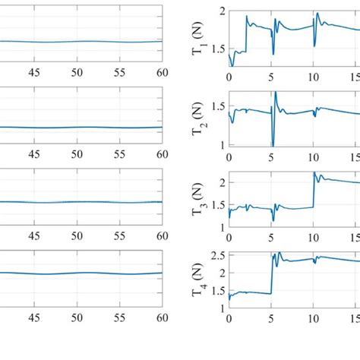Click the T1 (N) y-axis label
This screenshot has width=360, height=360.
pyautogui.click(x=199, y=39)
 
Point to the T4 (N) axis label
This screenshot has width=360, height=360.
pyautogui.click(x=199, y=283)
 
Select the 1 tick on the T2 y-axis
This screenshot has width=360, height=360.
pyautogui.click(x=221, y=144)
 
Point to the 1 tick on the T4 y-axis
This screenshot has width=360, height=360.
pyautogui.click(x=221, y=308)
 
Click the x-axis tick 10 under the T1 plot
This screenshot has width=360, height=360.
pyautogui.click(x=313, y=77)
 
